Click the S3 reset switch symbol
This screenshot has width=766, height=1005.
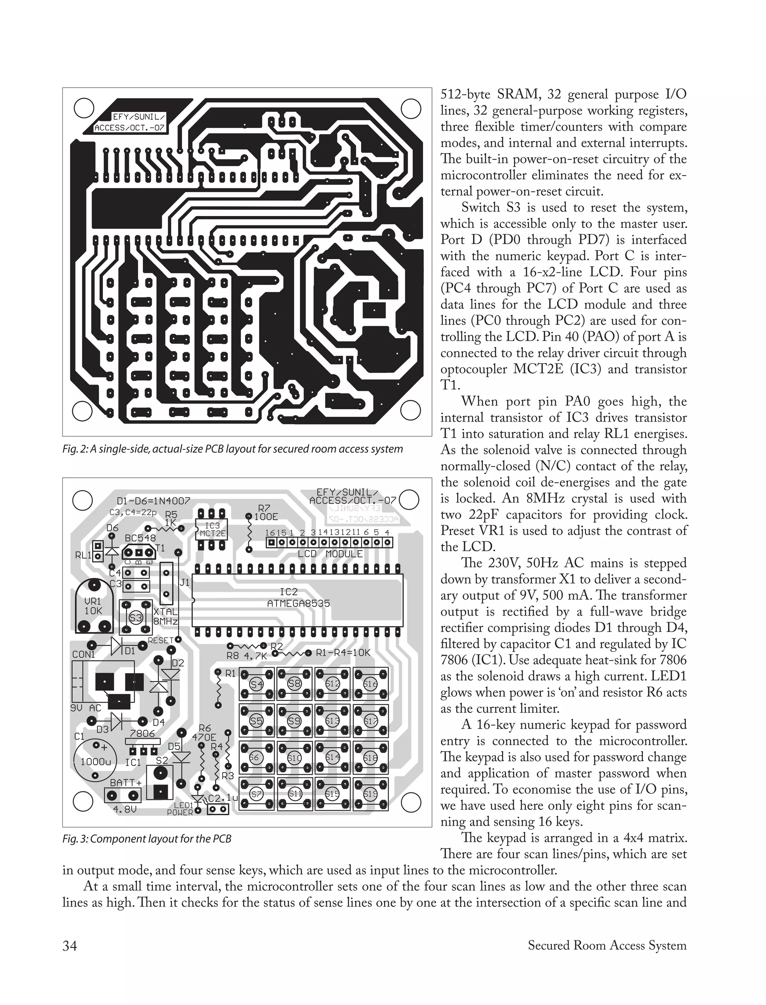tap(136, 618)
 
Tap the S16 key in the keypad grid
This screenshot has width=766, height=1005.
tap(370, 684)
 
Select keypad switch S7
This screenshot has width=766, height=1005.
tap(257, 794)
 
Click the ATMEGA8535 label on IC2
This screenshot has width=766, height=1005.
tap(298, 603)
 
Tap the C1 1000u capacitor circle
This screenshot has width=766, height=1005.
tap(95, 761)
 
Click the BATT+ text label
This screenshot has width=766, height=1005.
tap(125, 783)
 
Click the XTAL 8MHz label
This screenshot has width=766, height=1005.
tap(165, 616)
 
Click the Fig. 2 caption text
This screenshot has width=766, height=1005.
tap(233, 449)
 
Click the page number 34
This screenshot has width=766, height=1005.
tap(70, 946)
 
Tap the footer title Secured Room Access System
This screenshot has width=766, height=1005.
tap(607, 946)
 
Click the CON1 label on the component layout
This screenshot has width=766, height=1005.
tap(84, 655)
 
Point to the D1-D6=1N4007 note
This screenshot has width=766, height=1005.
tap(153, 501)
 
